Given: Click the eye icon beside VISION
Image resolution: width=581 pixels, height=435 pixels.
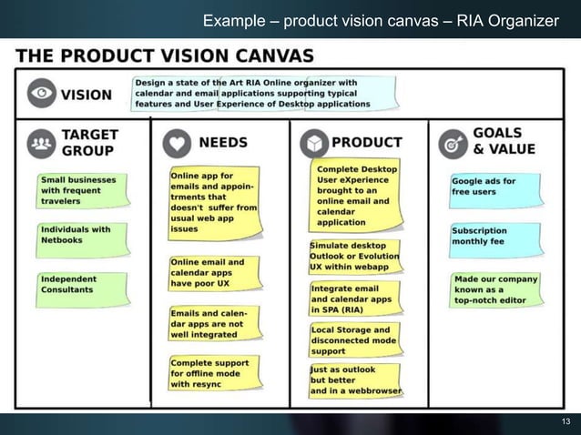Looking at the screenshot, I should (41, 93).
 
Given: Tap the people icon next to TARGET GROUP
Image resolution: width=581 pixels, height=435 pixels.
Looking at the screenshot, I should (42, 143).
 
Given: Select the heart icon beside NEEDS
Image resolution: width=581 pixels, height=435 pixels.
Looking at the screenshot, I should (177, 143).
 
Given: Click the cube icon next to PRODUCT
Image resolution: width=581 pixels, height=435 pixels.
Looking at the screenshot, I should (313, 143).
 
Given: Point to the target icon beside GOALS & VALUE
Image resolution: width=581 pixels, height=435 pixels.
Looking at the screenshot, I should (453, 143).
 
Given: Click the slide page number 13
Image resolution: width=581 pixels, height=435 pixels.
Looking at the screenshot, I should (565, 420).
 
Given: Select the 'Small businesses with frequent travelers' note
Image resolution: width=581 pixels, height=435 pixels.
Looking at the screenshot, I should (77, 190).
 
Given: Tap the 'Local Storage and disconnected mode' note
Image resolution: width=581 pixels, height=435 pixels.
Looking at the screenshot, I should (354, 339).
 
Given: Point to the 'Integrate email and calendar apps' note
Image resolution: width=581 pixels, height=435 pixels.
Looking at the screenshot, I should (352, 298).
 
